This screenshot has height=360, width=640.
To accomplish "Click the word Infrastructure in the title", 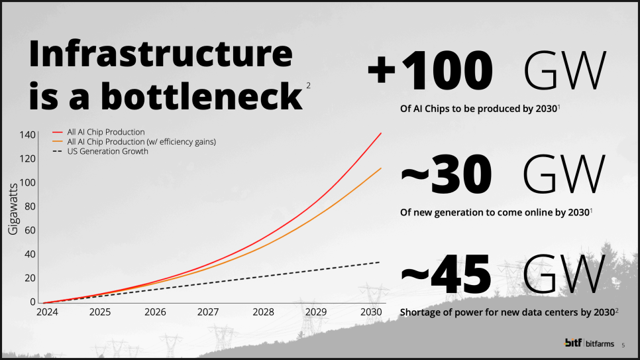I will [x=160, y=55].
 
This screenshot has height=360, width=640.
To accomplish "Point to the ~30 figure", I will [x=446, y=174].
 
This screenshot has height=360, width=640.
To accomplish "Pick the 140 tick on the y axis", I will [x=27, y=135].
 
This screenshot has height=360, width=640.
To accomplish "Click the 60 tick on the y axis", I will [x=30, y=230].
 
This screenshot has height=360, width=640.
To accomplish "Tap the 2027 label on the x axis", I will [x=208, y=312].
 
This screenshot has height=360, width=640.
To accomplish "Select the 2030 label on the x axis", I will [x=372, y=312].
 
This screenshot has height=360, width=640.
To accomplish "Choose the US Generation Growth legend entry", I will [x=107, y=151].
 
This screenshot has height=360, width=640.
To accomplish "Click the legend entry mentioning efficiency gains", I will [x=141, y=142].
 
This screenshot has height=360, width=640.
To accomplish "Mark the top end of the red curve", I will [x=381, y=133].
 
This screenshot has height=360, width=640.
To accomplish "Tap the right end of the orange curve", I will [x=381, y=168].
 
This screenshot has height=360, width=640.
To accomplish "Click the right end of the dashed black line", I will [x=380, y=263].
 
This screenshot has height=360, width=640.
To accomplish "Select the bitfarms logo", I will [x=589, y=343].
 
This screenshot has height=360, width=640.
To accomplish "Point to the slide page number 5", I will [x=623, y=344].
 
